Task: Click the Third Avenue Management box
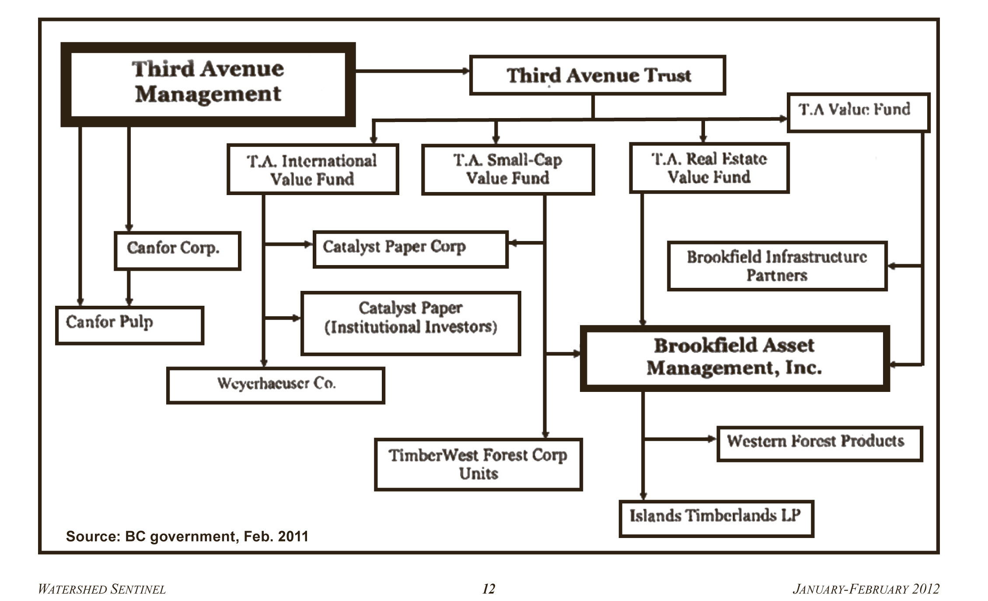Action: point(208,84)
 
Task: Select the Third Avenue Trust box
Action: point(597,75)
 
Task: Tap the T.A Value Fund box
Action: point(858,112)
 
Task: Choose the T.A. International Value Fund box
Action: point(312,169)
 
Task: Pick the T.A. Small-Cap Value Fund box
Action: point(508,169)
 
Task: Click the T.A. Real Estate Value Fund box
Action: point(709,168)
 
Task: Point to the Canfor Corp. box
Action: point(177,251)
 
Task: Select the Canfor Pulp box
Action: point(129,325)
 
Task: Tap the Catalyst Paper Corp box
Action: point(410,249)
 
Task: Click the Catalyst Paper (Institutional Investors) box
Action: point(410,323)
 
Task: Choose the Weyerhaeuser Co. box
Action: point(276,385)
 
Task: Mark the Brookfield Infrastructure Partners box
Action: point(777,266)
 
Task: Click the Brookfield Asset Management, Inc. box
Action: point(734,358)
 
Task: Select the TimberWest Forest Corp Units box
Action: point(478,464)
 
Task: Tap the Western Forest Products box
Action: point(819,443)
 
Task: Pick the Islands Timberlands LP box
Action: point(716,518)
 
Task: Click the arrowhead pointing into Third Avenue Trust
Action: point(465,71)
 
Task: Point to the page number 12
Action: point(489,589)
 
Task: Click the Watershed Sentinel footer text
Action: point(102,589)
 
